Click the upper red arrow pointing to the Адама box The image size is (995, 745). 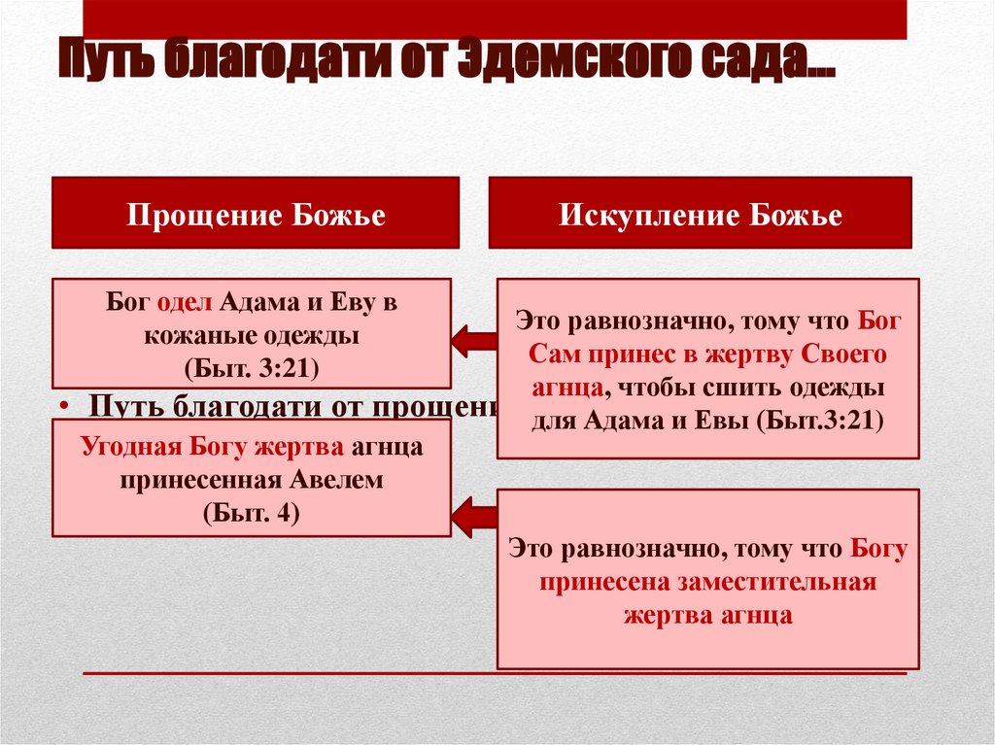coord(474,339)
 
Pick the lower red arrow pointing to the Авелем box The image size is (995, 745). coord(474,515)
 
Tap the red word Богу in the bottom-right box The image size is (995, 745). coord(878,549)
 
